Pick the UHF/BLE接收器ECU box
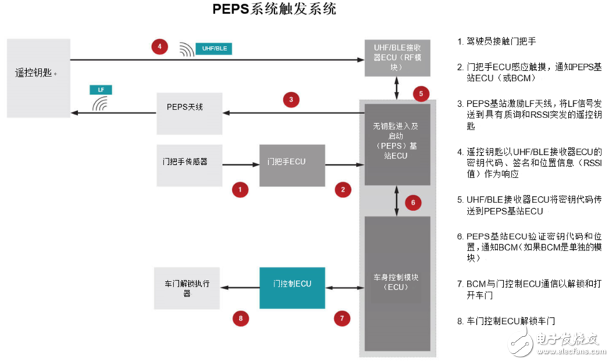(x=397, y=56)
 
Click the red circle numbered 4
(x=160, y=47)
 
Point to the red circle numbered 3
(x=290, y=99)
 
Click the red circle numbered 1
(x=241, y=189)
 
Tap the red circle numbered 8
(x=242, y=318)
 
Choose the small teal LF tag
(x=100, y=90)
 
